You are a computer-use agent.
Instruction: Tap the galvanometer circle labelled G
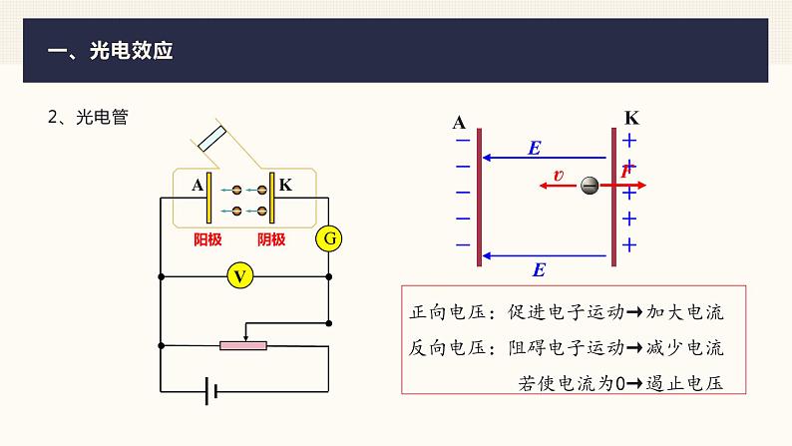328,238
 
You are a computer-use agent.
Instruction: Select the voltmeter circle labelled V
238,275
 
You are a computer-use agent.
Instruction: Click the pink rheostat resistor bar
243,345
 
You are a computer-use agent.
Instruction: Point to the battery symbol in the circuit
210,390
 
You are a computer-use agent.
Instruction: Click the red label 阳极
207,239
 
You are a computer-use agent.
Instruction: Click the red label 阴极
270,239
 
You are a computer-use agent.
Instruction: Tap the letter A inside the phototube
198,186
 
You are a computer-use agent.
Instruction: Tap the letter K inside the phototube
285,185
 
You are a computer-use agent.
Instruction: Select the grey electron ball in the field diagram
590,186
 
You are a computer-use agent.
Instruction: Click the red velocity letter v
558,176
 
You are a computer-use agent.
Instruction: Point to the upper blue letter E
535,148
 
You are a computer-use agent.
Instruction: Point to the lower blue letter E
540,268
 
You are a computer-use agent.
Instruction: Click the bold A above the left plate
459,123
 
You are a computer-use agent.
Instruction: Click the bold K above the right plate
631,119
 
